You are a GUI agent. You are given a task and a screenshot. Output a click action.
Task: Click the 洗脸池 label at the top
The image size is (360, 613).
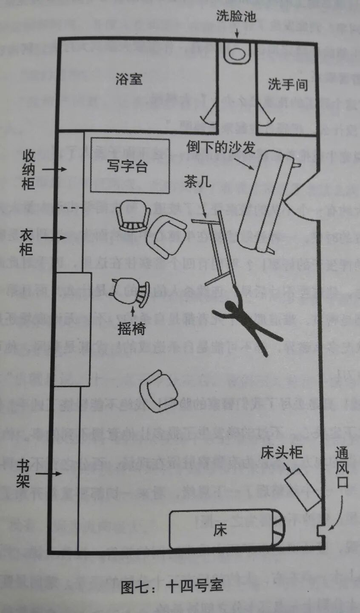[236, 17]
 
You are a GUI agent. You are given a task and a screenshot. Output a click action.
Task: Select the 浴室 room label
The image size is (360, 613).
[129, 79]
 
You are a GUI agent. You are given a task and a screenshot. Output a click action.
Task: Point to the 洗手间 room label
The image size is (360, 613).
[288, 85]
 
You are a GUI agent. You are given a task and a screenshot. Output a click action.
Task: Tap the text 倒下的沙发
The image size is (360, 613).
[221, 147]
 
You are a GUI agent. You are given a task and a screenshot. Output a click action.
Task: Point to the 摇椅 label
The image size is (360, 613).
[131, 328]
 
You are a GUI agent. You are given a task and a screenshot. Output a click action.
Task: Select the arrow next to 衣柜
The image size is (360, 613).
[57, 238]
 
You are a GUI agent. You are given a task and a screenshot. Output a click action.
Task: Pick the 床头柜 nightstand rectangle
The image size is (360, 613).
[303, 489]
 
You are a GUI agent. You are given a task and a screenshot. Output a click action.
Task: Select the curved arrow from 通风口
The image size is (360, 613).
[335, 517]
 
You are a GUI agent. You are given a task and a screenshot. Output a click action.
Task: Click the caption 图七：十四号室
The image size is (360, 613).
[172, 586]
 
